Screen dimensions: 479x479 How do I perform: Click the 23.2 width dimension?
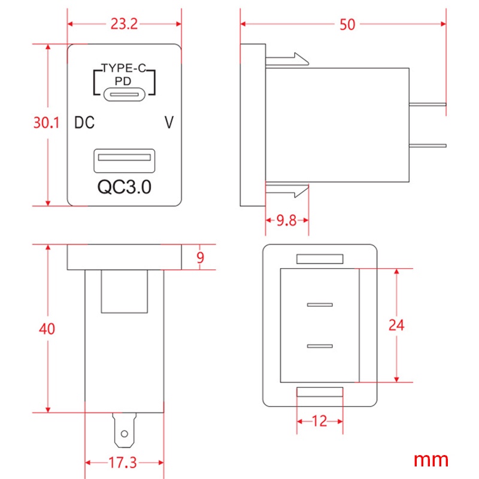[124, 24]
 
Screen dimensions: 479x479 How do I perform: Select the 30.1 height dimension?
[46, 123]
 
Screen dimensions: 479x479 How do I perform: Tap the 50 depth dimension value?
[347, 25]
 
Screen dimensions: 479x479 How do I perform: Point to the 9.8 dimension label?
[286, 220]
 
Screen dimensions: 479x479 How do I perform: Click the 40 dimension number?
[47, 329]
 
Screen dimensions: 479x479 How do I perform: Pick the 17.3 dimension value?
[123, 462]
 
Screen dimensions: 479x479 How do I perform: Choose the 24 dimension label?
[396, 325]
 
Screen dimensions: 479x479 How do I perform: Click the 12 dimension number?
[320, 422]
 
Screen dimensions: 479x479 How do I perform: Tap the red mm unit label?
[431, 460]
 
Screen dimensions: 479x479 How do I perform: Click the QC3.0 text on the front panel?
[124, 187]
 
